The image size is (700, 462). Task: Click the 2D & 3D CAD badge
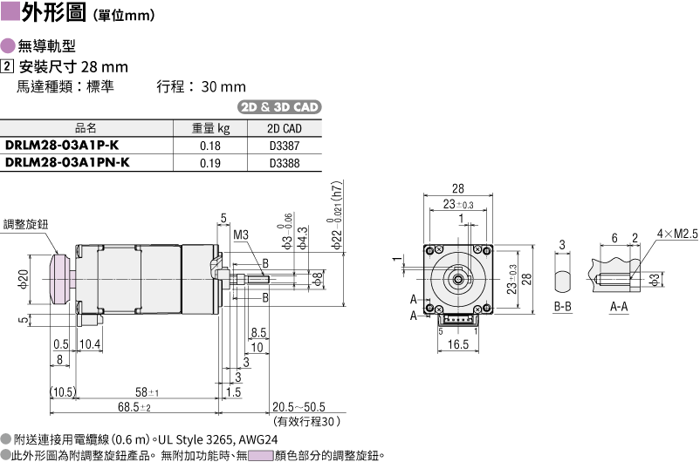coord(279,107)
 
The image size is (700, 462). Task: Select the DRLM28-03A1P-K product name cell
coord(62,146)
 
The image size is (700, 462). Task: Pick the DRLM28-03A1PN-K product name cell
coord(67,162)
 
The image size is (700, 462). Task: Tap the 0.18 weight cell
coord(210,146)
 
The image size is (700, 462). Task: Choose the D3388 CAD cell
coord(285,163)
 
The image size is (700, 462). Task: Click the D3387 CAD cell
coord(285,146)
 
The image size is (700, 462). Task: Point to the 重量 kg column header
coord(210,128)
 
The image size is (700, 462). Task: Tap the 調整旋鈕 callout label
coord(25,224)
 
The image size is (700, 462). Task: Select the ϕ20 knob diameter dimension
coord(24,279)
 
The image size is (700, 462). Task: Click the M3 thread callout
coord(241,234)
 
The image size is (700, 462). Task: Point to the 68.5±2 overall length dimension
coord(134,407)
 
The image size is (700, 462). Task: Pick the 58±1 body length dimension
coord(147,392)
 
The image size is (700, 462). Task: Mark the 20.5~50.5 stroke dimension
coord(299,407)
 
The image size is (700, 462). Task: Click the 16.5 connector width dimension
coord(458,344)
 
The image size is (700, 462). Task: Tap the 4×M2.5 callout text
coord(676,234)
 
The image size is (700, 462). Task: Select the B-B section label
coord(562,307)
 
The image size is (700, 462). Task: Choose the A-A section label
coord(619,307)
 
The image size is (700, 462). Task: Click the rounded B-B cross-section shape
coord(562,281)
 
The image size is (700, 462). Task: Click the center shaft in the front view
coord(458,279)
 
